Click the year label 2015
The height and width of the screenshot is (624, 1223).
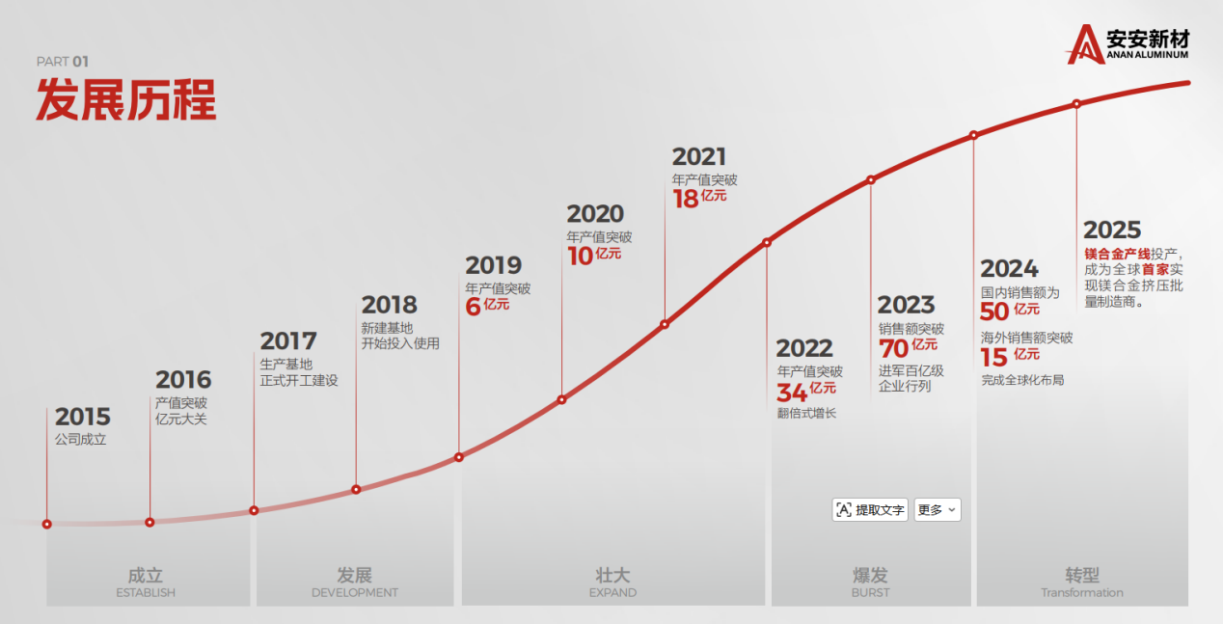point(82,417)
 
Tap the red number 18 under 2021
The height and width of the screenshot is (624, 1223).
point(685,200)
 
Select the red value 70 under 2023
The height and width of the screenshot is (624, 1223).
point(894,348)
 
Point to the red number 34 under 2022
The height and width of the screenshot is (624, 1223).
point(792,393)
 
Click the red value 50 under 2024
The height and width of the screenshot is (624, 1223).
point(994,312)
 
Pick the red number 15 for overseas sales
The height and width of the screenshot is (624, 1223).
point(994,358)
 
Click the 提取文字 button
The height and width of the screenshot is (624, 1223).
point(870,510)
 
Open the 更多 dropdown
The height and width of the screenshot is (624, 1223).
point(938,510)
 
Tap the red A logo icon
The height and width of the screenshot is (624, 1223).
point(1085,44)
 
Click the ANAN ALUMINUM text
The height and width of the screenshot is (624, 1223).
point(1148,55)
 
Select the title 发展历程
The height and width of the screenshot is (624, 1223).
point(126,99)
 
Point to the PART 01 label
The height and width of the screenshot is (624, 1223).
point(63,62)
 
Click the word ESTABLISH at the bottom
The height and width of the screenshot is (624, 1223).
point(146,592)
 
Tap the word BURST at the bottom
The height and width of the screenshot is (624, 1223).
point(870,592)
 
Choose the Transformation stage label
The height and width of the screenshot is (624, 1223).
point(1081,592)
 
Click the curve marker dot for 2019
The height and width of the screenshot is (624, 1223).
point(459,457)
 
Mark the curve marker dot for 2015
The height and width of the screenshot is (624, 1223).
point(47,524)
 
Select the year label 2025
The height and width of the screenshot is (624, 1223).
point(1112,230)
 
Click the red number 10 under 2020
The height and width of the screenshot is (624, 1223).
point(580,257)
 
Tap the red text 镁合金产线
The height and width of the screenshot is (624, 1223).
point(1117,254)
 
